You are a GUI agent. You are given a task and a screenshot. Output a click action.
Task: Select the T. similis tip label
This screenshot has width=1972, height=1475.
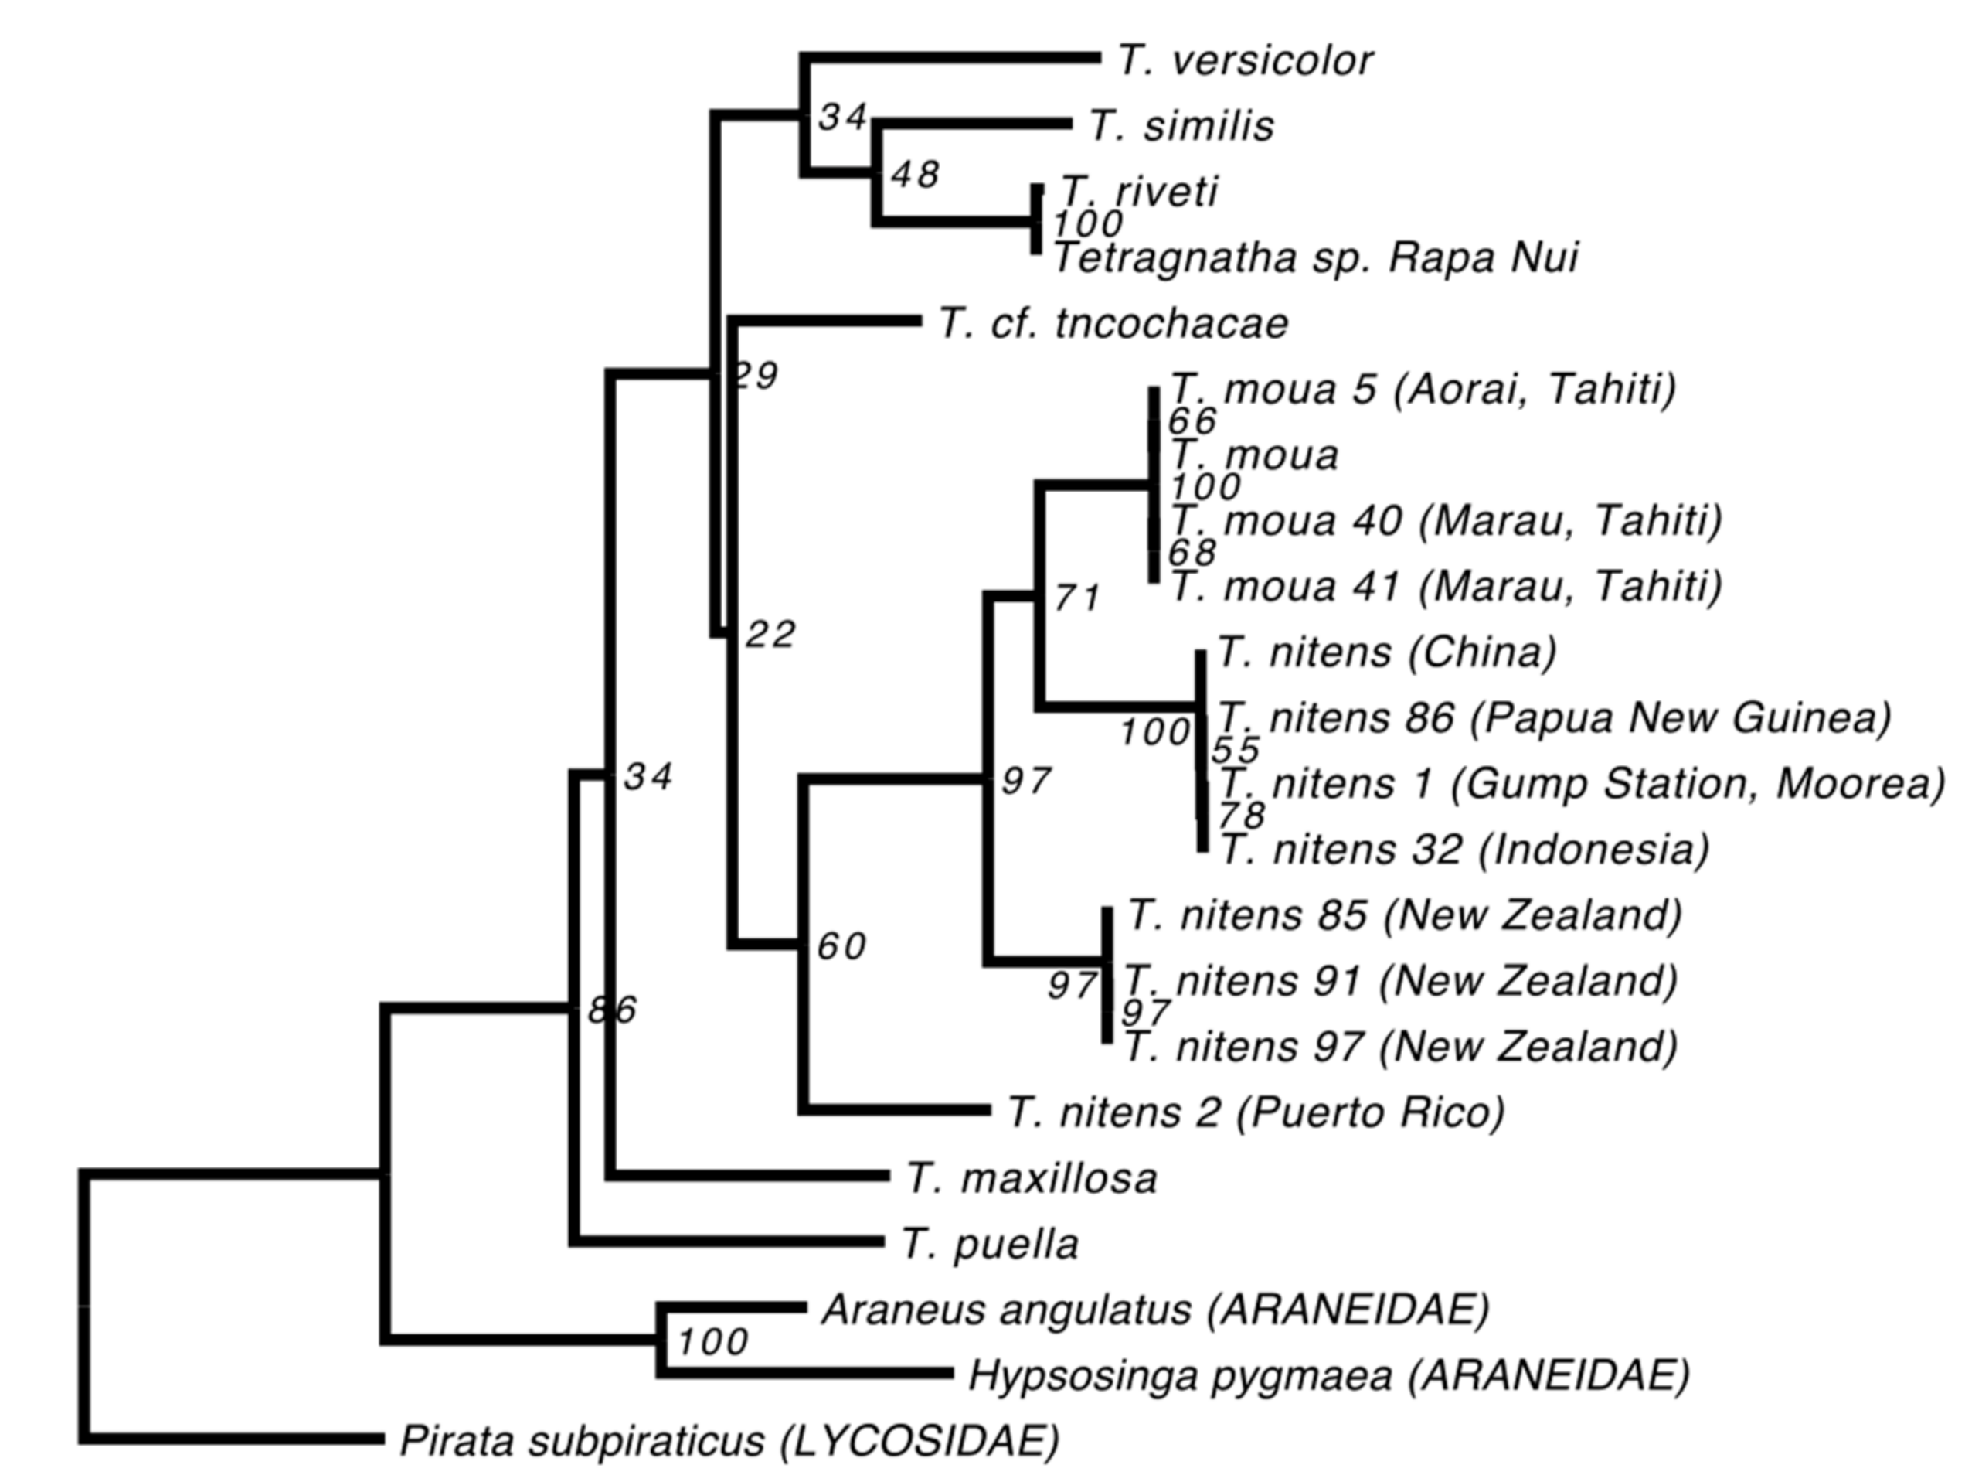(x=1181, y=127)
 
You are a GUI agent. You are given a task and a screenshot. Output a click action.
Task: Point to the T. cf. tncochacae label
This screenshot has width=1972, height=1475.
(x=1113, y=324)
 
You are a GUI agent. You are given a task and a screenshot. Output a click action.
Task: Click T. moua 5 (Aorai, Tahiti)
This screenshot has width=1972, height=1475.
(x=1423, y=389)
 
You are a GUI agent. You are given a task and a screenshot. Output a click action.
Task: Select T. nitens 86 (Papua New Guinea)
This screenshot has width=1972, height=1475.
(x=1554, y=718)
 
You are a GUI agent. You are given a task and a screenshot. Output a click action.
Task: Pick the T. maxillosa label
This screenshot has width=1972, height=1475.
(x=1032, y=1179)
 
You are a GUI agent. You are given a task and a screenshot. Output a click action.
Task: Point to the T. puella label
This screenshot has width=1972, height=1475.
(x=990, y=1245)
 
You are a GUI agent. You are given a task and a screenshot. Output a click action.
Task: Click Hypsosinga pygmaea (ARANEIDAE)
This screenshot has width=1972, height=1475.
(x=1329, y=1376)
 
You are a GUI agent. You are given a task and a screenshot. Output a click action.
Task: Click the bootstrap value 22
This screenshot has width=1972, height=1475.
(x=770, y=635)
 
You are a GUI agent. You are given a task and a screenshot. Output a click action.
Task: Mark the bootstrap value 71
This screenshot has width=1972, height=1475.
(x=1077, y=598)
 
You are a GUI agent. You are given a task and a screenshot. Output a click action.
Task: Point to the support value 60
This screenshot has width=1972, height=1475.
(x=841, y=947)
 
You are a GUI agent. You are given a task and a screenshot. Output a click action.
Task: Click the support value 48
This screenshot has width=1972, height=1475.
(x=915, y=175)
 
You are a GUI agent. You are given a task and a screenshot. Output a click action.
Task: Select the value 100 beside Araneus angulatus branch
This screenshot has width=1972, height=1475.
(x=712, y=1342)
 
